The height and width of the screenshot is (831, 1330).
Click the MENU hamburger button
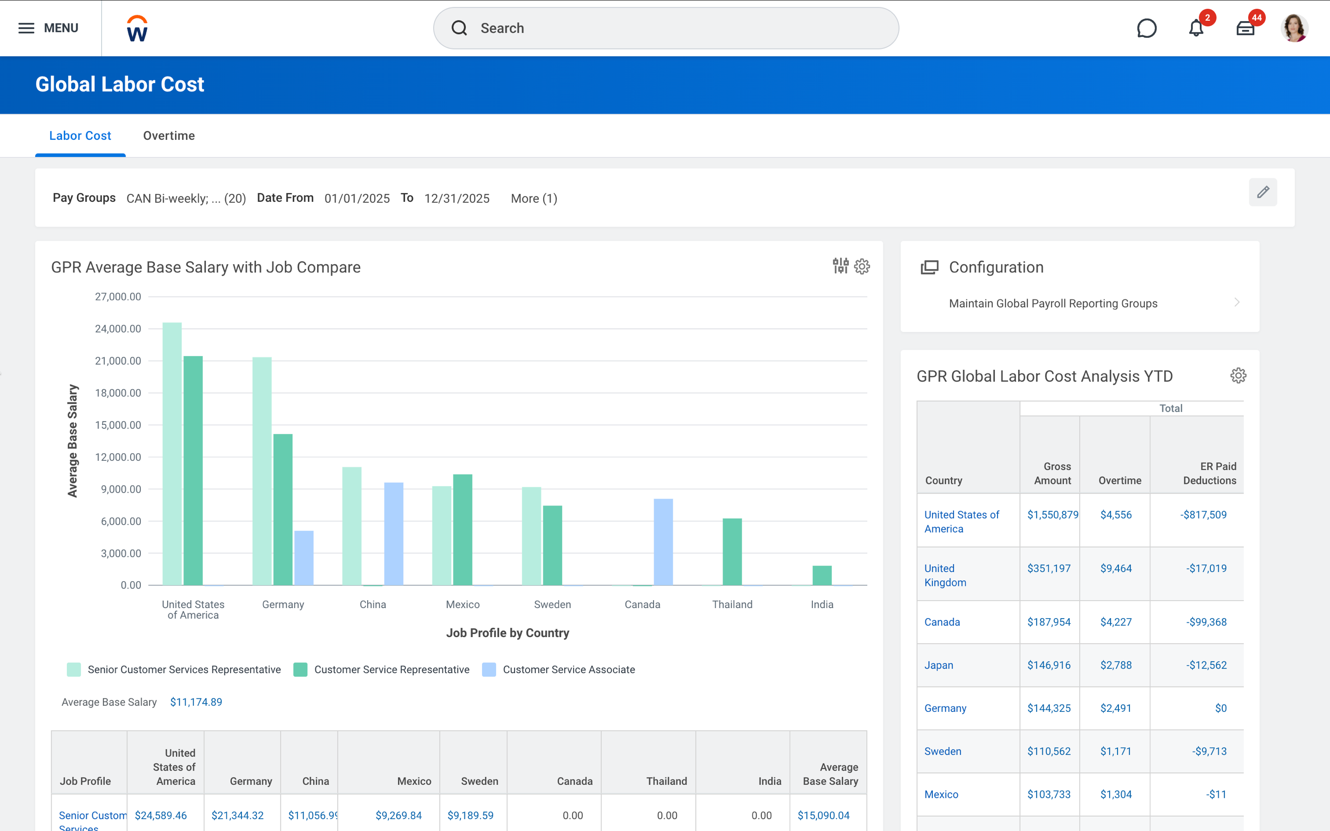point(48,28)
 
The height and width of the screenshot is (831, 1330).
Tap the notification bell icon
point(1196,28)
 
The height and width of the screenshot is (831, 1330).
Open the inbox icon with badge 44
point(1245,28)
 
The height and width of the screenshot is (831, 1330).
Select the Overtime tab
point(169,136)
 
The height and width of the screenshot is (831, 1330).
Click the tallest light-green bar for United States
point(172,453)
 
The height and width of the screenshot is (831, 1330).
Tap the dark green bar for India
point(822,575)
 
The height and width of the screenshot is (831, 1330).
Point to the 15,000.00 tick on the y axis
point(118,425)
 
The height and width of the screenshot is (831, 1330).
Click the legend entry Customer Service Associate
point(568,669)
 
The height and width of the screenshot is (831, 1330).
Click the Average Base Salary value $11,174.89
point(196,702)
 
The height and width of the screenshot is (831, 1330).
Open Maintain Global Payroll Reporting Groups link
point(1052,303)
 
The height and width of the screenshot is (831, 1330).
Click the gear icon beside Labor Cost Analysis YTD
point(1238,376)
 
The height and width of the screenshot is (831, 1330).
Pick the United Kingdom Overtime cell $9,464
point(1116,568)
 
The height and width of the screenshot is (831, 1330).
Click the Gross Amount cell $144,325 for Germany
point(1049,708)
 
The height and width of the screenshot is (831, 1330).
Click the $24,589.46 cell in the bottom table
point(161,815)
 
